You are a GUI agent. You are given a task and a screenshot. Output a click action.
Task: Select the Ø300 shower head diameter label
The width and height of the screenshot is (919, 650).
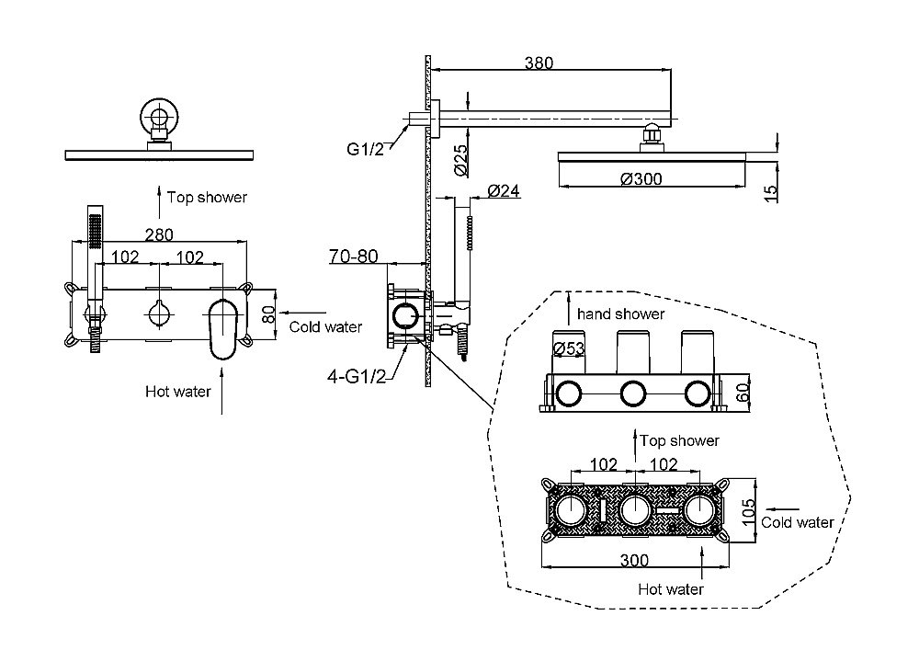(x=641, y=178)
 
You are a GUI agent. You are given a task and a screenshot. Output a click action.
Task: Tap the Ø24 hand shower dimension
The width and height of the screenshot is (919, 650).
(x=503, y=190)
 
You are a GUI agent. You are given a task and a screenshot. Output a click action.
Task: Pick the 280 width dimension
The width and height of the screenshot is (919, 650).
(x=159, y=234)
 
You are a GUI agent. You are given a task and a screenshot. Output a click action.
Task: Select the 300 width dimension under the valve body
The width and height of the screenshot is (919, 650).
(x=633, y=559)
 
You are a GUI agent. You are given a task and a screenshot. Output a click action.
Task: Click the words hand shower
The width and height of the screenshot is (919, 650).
(x=620, y=314)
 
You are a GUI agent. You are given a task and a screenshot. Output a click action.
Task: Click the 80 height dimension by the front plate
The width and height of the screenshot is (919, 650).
(x=268, y=313)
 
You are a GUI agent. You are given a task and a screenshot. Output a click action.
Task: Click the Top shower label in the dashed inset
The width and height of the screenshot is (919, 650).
(x=679, y=440)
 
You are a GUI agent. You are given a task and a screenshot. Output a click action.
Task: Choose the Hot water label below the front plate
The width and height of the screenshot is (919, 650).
(x=177, y=391)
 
